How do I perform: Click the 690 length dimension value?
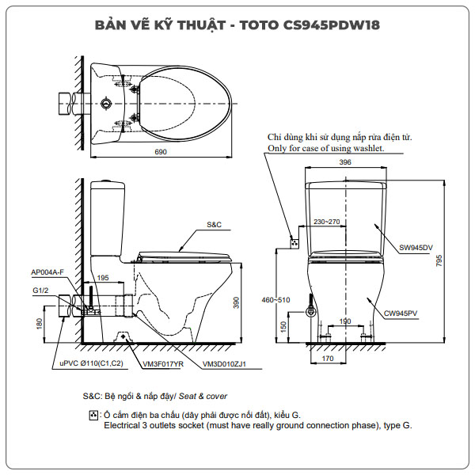pyautogui.click(x=161, y=153)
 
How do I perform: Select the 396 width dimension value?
pyautogui.click(x=345, y=162)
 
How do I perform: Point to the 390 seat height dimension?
pyautogui.click(x=247, y=303)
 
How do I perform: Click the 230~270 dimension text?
pyautogui.click(x=326, y=222)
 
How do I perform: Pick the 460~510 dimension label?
pyautogui.click(x=276, y=301)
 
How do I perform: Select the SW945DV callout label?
pyautogui.click(x=416, y=248)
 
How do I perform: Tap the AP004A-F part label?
pyautogui.click(x=47, y=272)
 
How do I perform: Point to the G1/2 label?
pyautogui.click(x=40, y=290)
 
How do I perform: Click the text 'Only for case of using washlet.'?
pyautogui.click(x=325, y=148)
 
